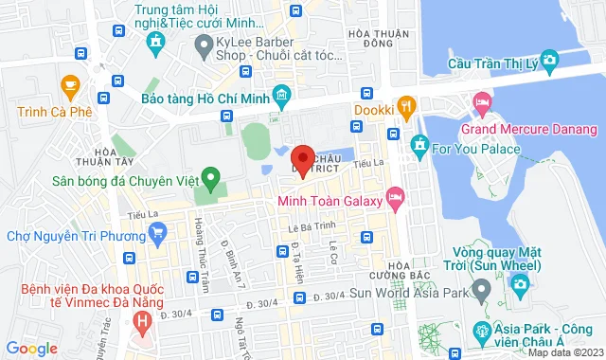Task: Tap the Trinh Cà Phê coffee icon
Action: (x=68, y=87)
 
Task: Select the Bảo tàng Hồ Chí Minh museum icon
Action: (x=281, y=96)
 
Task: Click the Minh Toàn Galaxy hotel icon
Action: (x=395, y=199)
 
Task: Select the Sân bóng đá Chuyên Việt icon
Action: (x=212, y=177)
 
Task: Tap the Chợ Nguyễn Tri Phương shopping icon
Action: (x=158, y=230)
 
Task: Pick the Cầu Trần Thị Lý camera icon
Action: (x=548, y=63)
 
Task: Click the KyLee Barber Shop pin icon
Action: (x=202, y=44)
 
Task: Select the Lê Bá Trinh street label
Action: (x=307, y=227)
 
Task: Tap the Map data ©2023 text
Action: (x=563, y=353)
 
